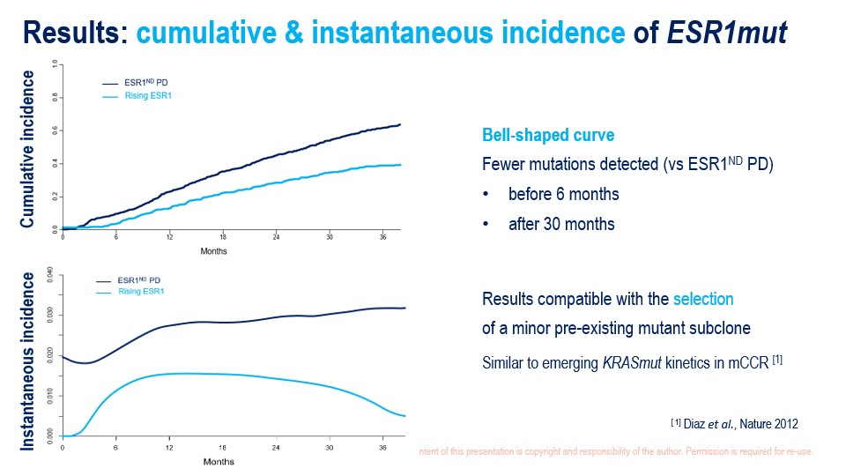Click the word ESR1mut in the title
coord(727,33)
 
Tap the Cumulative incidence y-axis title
coord(27,150)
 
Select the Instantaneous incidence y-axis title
coord(27,361)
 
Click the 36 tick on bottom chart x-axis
coord(382,448)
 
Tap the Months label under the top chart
coord(213,251)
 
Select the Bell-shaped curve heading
coord(548,136)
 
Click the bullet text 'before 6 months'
coord(563,194)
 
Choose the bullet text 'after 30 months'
coord(561,224)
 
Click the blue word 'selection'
coord(703,300)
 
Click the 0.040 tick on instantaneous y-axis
coord(50,276)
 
